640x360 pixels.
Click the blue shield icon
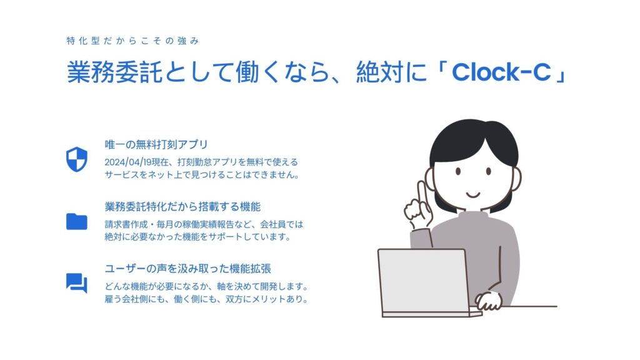pyautogui.click(x=77, y=159)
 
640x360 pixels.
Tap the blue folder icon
pyautogui.click(x=77, y=222)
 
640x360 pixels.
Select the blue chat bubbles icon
pyautogui.click(x=77, y=283)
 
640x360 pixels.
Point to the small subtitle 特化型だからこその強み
pyautogui.click(x=132, y=41)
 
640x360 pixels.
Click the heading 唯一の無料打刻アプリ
pyautogui.click(x=156, y=144)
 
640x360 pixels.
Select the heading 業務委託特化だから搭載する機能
pyautogui.click(x=182, y=206)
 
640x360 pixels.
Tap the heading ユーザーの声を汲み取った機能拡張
pyautogui.click(x=187, y=269)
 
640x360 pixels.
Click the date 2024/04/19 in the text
pyautogui.click(x=127, y=162)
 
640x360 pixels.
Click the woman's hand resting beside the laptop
pyautogui.click(x=489, y=301)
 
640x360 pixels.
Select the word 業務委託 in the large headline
pyautogui.click(x=114, y=72)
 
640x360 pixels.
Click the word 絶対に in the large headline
pyautogui.click(x=391, y=72)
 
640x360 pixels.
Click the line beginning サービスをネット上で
pyautogui.click(x=202, y=175)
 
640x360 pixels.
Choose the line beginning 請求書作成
pyautogui.click(x=204, y=224)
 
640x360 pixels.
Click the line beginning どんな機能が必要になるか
pyautogui.click(x=206, y=286)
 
